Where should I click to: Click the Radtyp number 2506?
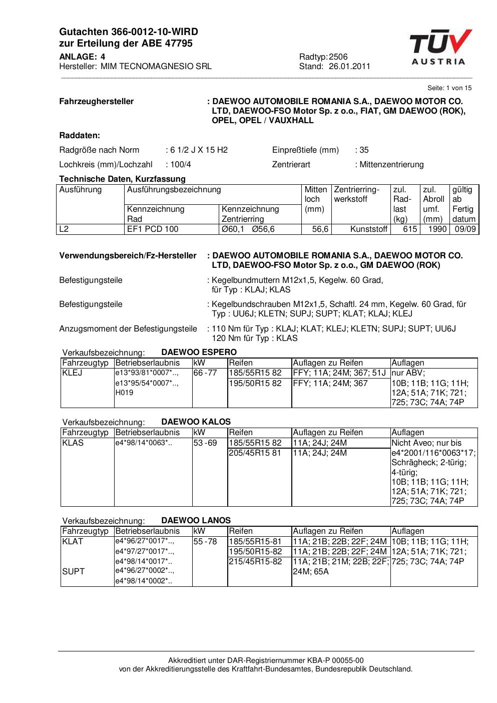[x=338, y=57]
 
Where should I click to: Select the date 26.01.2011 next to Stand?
[x=349, y=67]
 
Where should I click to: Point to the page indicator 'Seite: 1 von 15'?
[x=449, y=88]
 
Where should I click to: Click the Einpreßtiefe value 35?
[x=364, y=150]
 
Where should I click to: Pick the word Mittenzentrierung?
[x=391, y=165]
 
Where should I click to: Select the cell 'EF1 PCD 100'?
[x=153, y=229]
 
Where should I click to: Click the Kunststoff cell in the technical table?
[x=369, y=229]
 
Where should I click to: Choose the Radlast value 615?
[x=410, y=229]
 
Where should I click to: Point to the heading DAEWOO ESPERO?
[x=199, y=353]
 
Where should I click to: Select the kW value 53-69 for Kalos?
[x=205, y=443]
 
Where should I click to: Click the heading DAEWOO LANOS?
[x=196, y=521]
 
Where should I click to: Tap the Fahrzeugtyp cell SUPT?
[x=73, y=572]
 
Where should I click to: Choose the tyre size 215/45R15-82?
[x=255, y=562]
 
